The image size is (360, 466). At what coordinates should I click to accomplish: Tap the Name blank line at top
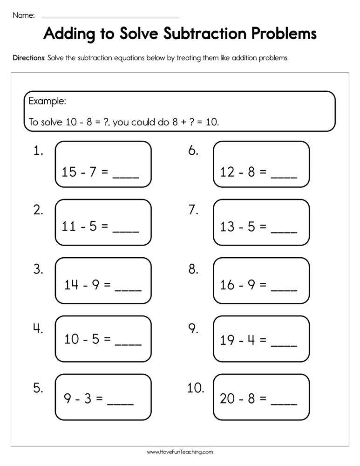coord(110,17)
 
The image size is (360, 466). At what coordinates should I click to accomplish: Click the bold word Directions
coord(29,58)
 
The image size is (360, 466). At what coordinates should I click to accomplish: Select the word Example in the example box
coord(47,101)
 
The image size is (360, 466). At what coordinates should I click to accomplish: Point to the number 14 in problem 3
coord(71,285)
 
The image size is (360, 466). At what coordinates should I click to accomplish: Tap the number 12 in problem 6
coord(227,172)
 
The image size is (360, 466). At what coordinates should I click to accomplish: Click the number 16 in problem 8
coord(227,285)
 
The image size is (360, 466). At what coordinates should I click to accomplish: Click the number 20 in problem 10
coord(228,399)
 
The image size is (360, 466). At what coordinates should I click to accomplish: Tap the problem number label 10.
coord(196,388)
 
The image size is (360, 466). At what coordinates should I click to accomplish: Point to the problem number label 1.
coord(38,151)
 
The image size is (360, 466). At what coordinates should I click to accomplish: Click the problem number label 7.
coord(193,210)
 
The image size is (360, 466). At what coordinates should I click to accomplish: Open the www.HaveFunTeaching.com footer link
coord(180,452)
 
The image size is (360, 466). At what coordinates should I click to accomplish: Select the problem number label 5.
coord(38,388)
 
